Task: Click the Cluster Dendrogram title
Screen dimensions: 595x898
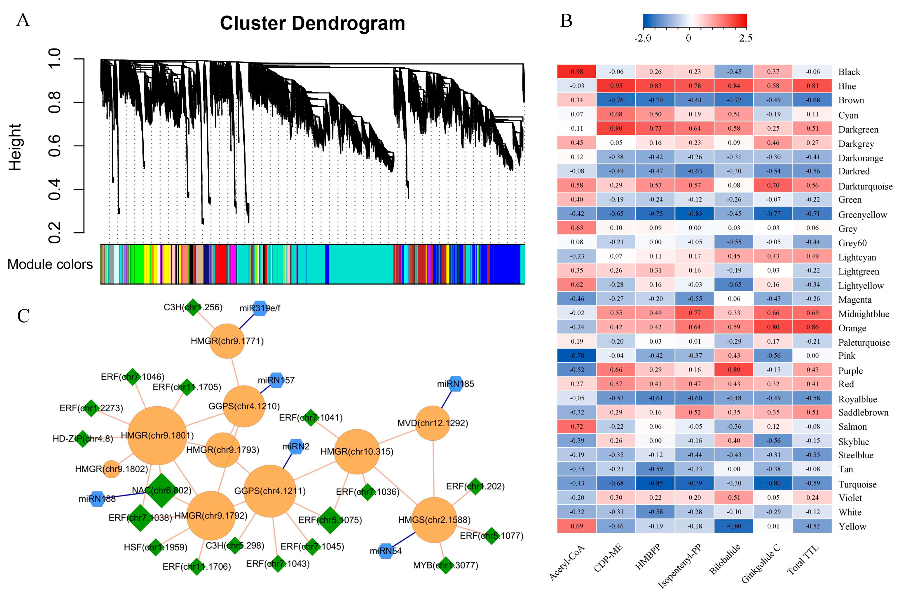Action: click(312, 24)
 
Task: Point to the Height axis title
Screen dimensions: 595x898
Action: click(15, 147)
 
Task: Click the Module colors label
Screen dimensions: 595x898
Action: click(50, 264)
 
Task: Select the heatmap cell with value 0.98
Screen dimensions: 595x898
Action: click(577, 72)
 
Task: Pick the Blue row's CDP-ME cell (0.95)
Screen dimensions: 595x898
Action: click(616, 86)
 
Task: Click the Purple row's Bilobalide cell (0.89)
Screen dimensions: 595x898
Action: click(734, 370)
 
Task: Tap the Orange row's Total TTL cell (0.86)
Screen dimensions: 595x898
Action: click(812, 327)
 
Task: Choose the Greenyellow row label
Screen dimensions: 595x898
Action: click(862, 215)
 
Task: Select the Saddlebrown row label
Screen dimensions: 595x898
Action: click(863, 412)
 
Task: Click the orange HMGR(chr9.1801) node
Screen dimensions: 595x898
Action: click(157, 436)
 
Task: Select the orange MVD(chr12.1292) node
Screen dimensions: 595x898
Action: click(433, 423)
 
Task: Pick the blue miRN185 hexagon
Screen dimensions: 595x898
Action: click(455, 384)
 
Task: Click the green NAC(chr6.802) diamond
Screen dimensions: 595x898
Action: click(162, 490)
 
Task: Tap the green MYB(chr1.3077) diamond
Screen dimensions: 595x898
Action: click(446, 565)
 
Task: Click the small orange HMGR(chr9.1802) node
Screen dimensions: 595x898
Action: click(112, 469)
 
